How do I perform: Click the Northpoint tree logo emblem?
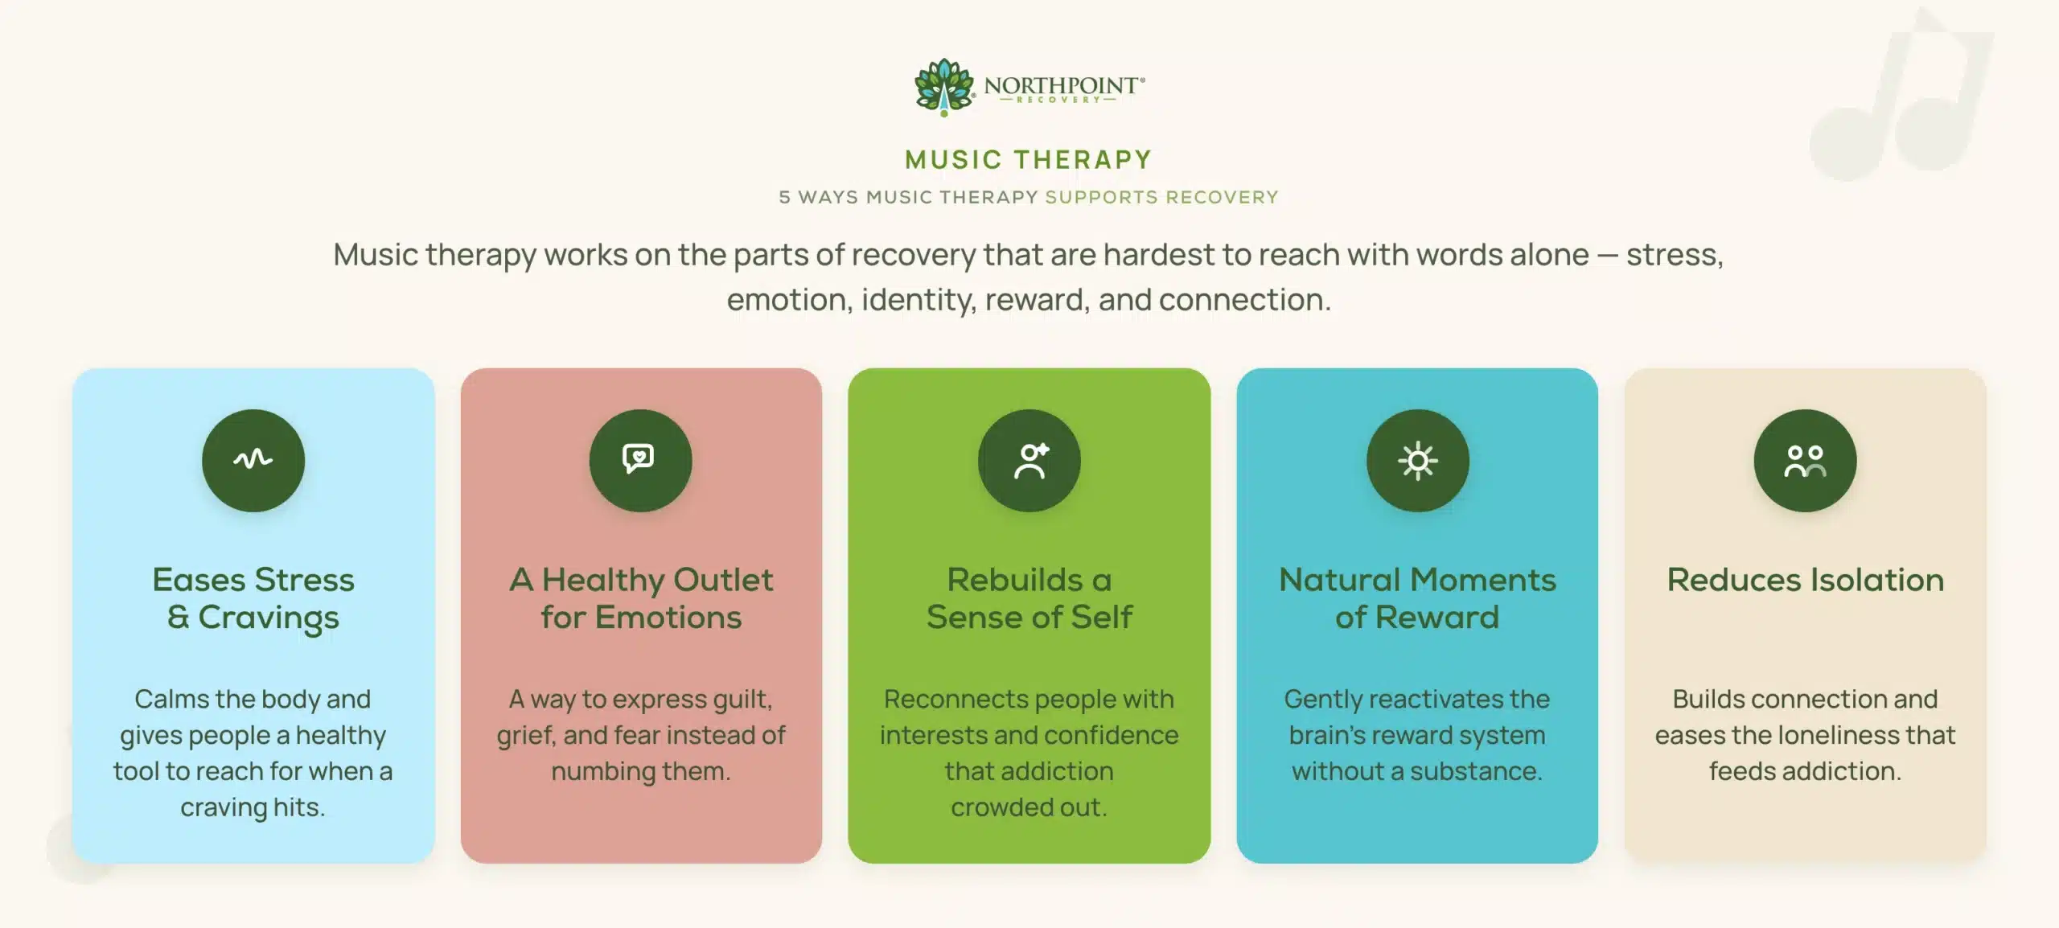click(x=944, y=87)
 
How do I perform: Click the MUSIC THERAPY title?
click(x=1029, y=159)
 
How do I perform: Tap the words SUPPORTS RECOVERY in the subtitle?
click(x=1161, y=197)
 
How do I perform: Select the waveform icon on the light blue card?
click(x=253, y=459)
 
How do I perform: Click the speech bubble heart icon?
click(x=639, y=458)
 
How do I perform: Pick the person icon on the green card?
click(x=1031, y=461)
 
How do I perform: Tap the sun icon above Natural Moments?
click(x=1417, y=461)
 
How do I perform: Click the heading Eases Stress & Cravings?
click(x=253, y=598)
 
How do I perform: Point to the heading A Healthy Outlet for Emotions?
click(x=641, y=598)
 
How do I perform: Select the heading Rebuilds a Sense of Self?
click(x=1029, y=598)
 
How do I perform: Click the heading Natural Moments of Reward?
click(x=1417, y=598)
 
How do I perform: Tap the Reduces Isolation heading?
click(x=1805, y=580)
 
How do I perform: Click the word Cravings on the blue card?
click(x=269, y=618)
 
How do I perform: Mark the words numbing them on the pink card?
click(x=641, y=771)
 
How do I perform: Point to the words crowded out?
click(x=1029, y=807)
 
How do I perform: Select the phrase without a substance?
click(x=1417, y=771)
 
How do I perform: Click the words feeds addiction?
click(x=1805, y=771)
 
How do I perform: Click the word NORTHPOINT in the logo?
click(x=1062, y=84)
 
